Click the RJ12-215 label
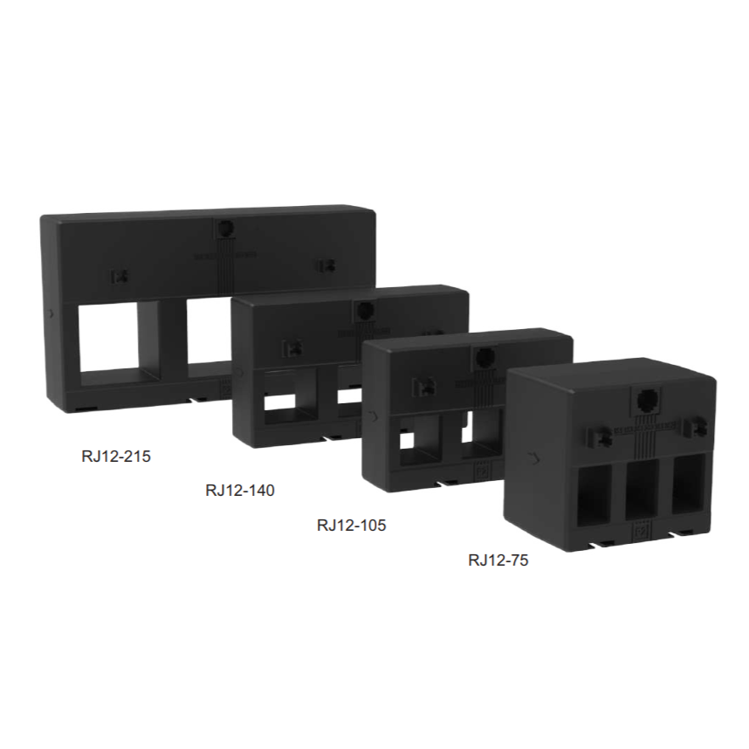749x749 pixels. tap(116, 457)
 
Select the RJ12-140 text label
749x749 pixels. tap(240, 491)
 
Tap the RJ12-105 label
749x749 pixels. tap(351, 526)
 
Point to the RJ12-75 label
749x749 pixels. tap(498, 560)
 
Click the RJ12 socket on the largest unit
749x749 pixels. tap(225, 229)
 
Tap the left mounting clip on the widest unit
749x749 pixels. tap(120, 277)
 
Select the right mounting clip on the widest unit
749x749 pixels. tap(327, 265)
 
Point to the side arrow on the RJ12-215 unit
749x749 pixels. tap(52, 314)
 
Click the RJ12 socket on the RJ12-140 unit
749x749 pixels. tap(366, 310)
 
